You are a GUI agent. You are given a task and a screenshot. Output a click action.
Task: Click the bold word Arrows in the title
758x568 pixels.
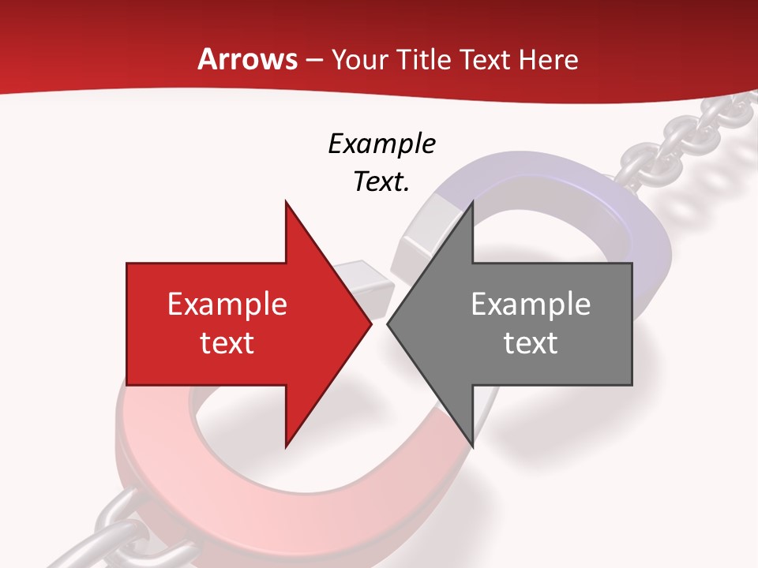click(247, 59)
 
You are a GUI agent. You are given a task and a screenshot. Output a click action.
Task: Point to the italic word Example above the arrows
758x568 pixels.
click(381, 144)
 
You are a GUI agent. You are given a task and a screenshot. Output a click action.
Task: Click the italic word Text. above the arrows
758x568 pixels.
click(381, 181)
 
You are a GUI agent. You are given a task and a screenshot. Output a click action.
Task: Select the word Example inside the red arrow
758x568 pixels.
click(227, 304)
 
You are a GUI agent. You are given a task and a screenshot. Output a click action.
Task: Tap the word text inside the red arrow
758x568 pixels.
click(227, 342)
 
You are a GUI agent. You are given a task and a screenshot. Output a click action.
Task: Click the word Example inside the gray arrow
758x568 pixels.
click(531, 304)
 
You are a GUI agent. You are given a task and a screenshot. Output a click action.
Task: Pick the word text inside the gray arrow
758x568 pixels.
click(531, 342)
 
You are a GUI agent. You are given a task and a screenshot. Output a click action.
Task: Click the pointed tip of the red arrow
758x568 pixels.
click(370, 323)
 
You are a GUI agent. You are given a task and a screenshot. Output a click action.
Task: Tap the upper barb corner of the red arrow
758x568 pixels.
click(286, 203)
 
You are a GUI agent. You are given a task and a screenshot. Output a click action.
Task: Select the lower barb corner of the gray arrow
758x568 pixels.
click(472, 446)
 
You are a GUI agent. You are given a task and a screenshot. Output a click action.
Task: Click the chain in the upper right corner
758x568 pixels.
click(695, 134)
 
